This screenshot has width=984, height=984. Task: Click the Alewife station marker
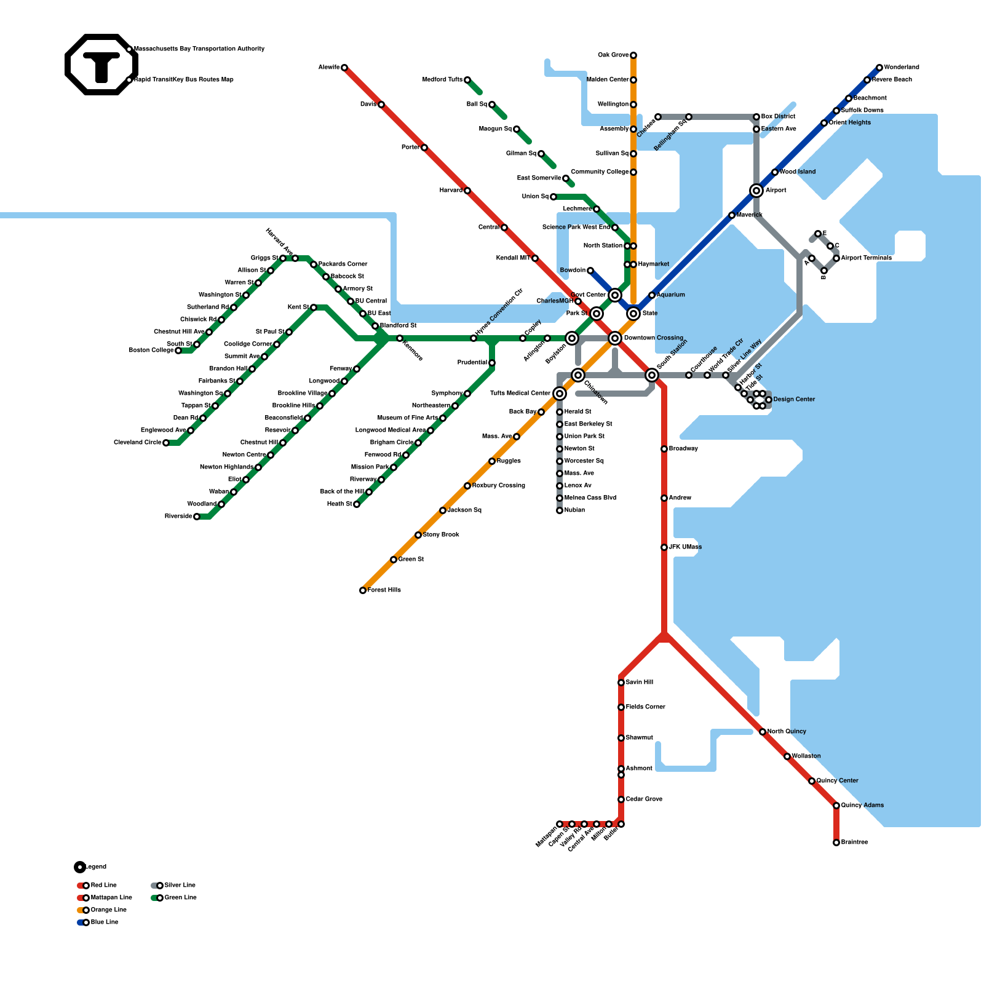pyautogui.click(x=344, y=68)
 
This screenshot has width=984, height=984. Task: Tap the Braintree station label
pyautogui.click(x=854, y=843)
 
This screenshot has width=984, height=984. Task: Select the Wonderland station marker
pyautogui.click(x=879, y=68)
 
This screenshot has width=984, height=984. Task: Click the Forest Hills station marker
pyautogui.click(x=363, y=590)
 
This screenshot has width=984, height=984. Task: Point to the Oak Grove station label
pyautogui.click(x=613, y=55)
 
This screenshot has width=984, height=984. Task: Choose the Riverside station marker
pyautogui.click(x=197, y=517)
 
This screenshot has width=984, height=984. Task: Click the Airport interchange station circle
pyautogui.click(x=756, y=191)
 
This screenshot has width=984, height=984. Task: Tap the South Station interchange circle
pyautogui.click(x=652, y=375)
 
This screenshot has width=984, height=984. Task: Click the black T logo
pyautogui.click(x=101, y=65)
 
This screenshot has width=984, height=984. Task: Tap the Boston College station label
pyautogui.click(x=151, y=351)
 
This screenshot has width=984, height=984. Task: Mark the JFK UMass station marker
pyautogui.click(x=664, y=547)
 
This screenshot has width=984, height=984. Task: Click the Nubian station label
pyautogui.click(x=574, y=510)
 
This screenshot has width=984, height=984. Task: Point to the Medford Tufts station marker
pyautogui.click(x=467, y=80)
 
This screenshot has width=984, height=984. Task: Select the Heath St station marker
pyautogui.click(x=357, y=504)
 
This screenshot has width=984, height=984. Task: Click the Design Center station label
pyautogui.click(x=794, y=400)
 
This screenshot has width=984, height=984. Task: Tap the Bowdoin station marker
pyautogui.click(x=590, y=271)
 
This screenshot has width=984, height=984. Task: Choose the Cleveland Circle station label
pyautogui.click(x=137, y=443)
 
